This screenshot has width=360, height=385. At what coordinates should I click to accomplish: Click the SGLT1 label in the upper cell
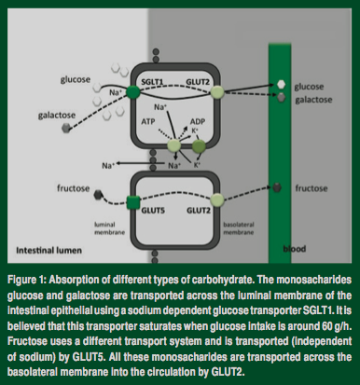(152, 82)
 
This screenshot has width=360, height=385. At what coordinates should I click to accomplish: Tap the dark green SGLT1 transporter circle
(133, 92)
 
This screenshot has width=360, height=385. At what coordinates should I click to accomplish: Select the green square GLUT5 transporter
(133, 202)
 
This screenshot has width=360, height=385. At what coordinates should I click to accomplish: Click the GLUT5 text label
(153, 211)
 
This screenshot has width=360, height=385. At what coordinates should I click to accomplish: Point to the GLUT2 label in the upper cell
(198, 82)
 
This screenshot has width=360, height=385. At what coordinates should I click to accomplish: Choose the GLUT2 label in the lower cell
(199, 211)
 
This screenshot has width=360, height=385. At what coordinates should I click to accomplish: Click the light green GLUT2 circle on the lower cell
(217, 200)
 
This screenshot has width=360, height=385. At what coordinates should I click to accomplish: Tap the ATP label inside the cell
(148, 121)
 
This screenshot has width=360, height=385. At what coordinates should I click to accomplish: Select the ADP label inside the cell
(198, 121)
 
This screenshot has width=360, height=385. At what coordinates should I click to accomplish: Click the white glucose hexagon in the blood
(281, 84)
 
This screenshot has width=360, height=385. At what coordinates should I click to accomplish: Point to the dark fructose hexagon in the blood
(277, 187)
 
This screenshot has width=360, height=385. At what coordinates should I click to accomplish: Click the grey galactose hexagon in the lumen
(66, 128)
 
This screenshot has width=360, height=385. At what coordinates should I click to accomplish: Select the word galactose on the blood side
(313, 100)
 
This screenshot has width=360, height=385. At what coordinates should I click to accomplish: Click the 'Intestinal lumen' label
(48, 251)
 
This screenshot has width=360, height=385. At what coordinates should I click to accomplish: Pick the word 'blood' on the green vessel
(295, 249)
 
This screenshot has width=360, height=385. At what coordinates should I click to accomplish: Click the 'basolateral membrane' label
(239, 228)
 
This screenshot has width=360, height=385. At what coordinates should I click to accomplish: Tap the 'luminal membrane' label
(109, 228)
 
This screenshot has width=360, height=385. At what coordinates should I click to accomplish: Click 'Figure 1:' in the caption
(26, 281)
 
